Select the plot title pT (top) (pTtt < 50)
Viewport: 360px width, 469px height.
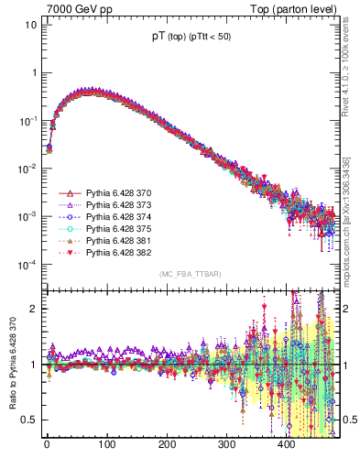pos(191,37)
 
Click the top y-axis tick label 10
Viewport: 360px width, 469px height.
pos(29,24)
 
